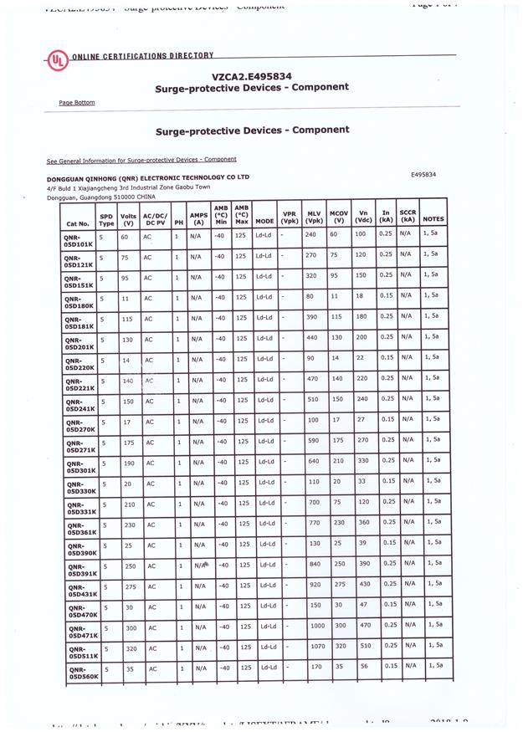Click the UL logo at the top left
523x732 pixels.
coord(57,61)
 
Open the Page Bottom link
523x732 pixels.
coord(76,103)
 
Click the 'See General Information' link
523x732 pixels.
coord(141,159)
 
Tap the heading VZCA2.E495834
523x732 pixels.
coord(246,74)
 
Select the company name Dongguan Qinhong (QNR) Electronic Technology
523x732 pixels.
coord(148,177)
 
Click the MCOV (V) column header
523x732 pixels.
coord(339,217)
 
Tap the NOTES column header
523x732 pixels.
coord(433,219)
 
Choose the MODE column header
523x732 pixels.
coord(264,222)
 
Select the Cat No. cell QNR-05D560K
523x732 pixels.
coord(81,673)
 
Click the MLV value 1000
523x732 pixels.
coord(317,625)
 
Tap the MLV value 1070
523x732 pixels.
coord(317,646)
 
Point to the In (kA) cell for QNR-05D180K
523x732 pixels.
coord(386,295)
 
